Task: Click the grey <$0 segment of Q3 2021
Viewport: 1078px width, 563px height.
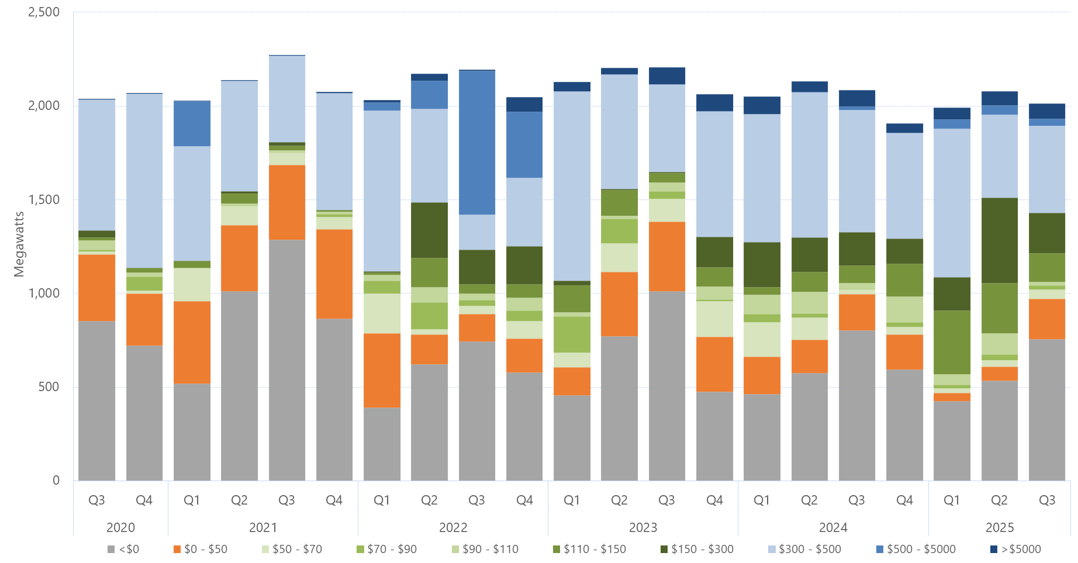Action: [286, 360]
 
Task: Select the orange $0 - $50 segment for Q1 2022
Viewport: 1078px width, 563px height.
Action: [382, 370]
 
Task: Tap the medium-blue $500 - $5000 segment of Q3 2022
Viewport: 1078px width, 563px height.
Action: [476, 142]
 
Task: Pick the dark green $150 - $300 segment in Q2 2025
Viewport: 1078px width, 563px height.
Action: [999, 240]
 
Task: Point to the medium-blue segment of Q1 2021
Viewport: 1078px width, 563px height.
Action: [192, 123]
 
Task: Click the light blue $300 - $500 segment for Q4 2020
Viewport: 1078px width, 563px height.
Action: [144, 181]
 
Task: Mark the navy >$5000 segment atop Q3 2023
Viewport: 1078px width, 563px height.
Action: [666, 76]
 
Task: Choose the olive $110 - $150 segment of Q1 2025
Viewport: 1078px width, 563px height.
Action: [952, 342]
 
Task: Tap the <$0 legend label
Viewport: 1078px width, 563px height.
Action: [129, 549]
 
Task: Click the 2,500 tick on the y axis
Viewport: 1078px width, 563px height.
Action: [44, 12]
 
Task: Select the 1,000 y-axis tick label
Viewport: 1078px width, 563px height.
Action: [44, 293]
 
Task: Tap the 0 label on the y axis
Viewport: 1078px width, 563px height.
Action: [56, 480]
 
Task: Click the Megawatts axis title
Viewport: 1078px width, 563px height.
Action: [19, 244]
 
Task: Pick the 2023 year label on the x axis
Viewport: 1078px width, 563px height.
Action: [643, 527]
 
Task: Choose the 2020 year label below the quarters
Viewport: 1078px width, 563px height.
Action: [120, 527]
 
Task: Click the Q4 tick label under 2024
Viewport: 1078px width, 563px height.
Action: [904, 500]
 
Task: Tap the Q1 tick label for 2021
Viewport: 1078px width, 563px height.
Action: [192, 500]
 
